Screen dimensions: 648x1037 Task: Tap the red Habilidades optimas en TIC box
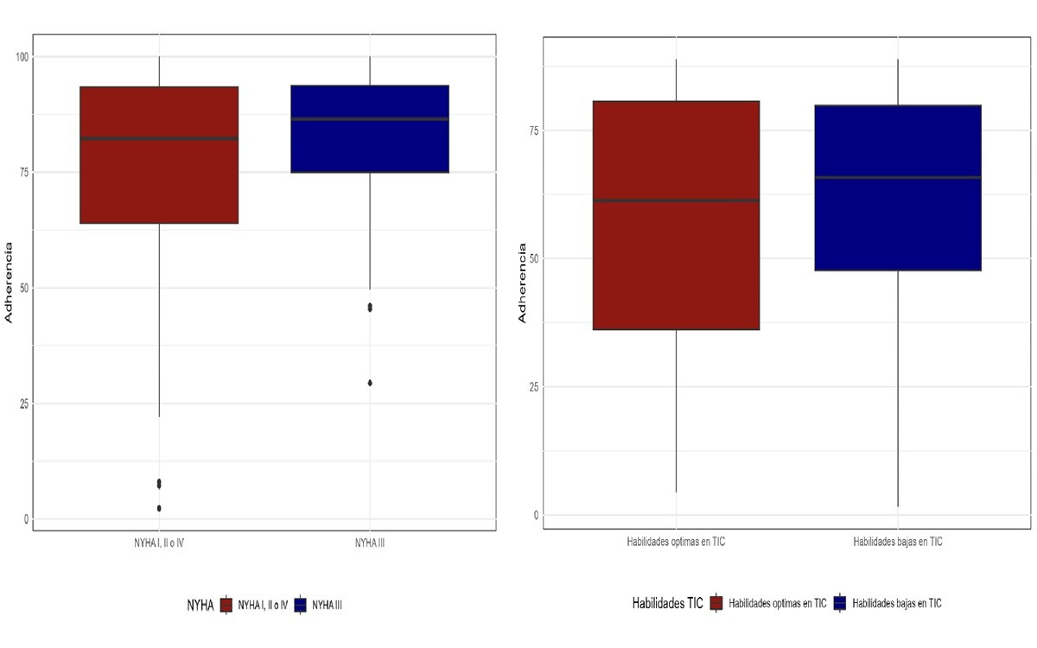coord(676,259)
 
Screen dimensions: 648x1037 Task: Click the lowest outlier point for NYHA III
coord(370,383)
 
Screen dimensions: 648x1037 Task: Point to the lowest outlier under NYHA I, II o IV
coord(159,508)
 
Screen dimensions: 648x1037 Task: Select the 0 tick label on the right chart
coord(536,516)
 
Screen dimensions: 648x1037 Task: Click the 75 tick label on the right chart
coord(533,130)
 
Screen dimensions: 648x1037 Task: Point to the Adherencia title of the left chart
coord(10,288)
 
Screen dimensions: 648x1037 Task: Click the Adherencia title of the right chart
coord(522,283)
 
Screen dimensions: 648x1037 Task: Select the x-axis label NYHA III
coord(370,542)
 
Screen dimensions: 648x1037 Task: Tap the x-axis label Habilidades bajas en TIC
coord(898,542)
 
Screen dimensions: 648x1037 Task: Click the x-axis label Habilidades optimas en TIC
coord(676,542)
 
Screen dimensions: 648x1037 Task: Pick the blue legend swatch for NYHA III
coord(302,605)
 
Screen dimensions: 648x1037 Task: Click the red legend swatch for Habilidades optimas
coord(716,603)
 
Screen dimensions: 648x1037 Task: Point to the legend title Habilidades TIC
coord(669,603)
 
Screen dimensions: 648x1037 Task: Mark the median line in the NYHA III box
coord(370,119)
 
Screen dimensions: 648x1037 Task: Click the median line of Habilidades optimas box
coord(676,200)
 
